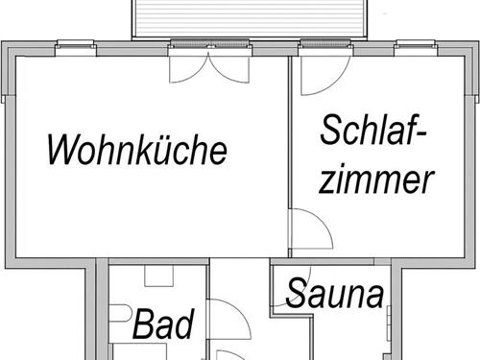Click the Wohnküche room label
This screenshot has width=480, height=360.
tap(137, 150)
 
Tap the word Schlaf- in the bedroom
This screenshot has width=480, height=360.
tap(373, 132)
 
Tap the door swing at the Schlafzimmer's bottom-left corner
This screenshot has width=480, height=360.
tap(309, 233)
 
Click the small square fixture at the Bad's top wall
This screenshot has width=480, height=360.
tap(157, 275)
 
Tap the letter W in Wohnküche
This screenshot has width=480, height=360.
tap(64, 150)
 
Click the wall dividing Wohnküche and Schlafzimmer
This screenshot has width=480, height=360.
tap(290, 154)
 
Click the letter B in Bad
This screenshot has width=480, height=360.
tap(144, 324)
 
